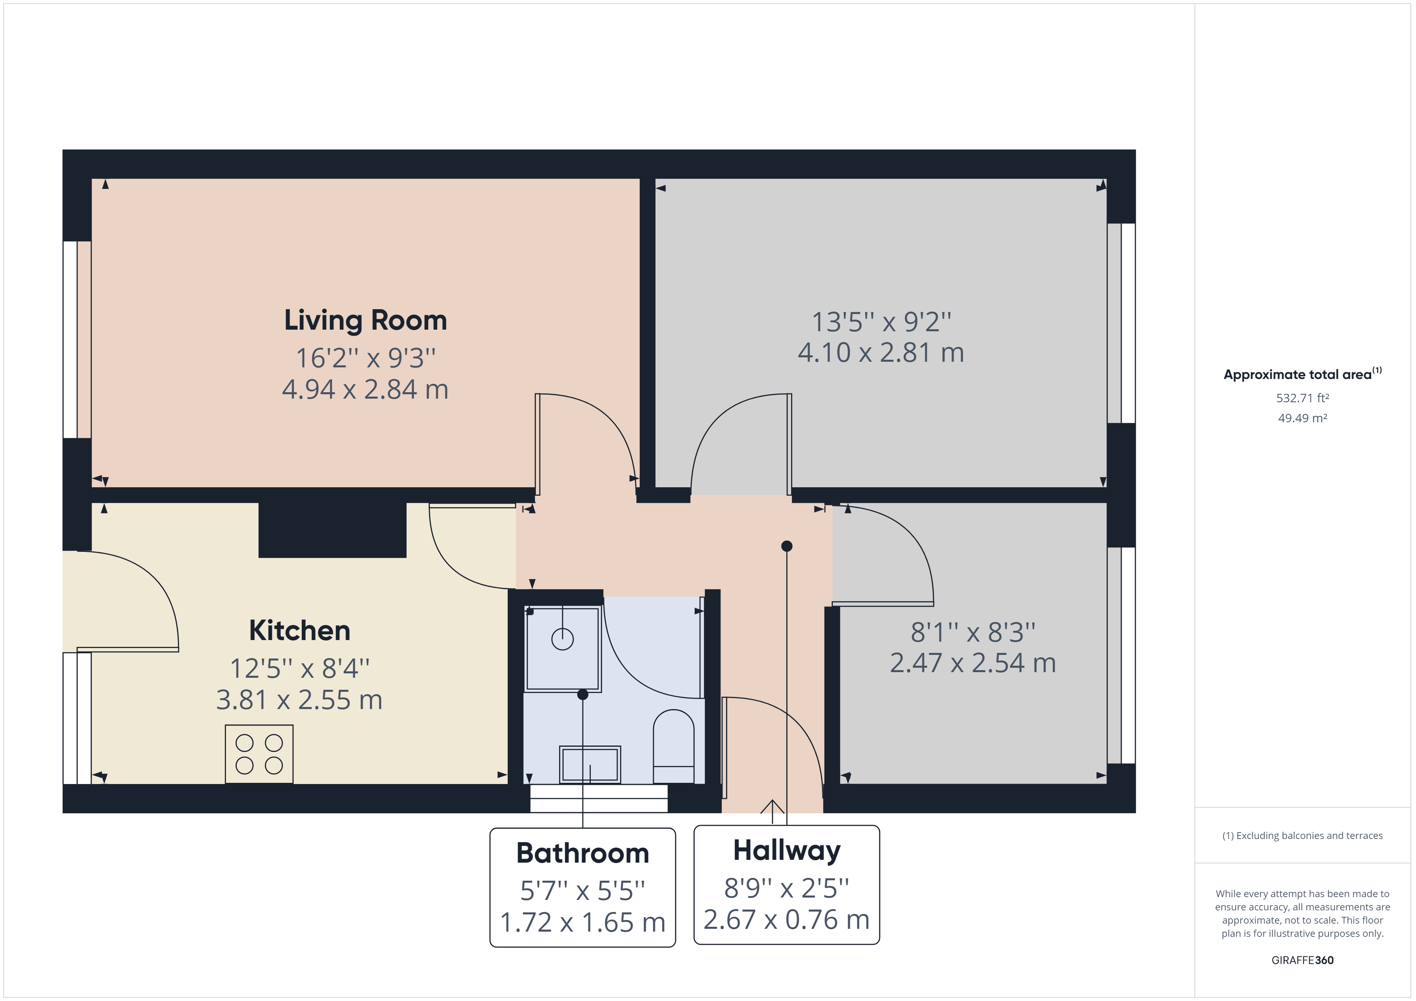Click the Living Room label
365,320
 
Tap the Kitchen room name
300,630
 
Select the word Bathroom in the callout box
583,853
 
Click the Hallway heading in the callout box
787,851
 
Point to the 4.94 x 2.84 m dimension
365,389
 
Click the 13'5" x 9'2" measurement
881,322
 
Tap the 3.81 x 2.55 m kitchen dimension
300,700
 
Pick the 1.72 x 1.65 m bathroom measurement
583,923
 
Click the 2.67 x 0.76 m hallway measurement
787,920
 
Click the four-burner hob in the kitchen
259,754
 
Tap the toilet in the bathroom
673,746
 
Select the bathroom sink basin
590,764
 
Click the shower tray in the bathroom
562,649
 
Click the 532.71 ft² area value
1302,398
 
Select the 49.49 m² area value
1302,418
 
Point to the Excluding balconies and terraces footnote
1302,836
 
